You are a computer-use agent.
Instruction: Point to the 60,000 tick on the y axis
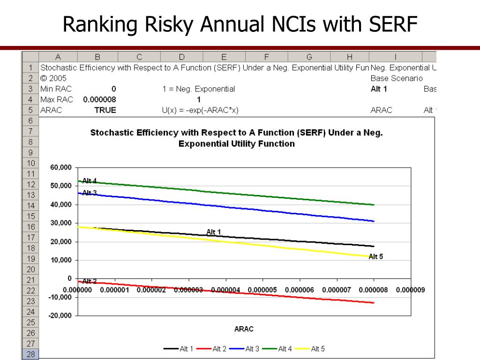coord(61,168)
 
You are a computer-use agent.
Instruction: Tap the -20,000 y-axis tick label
coord(60,315)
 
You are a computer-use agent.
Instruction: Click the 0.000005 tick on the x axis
coord(262,290)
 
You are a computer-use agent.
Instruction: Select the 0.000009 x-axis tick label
coord(410,290)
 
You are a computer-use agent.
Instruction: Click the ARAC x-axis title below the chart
coord(244,329)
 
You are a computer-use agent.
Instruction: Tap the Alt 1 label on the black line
coord(213,232)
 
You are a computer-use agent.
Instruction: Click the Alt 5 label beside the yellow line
coord(376,256)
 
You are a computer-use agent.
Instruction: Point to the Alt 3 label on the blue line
coord(90,193)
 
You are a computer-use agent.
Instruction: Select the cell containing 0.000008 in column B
coord(99,99)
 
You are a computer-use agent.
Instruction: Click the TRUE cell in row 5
coord(105,110)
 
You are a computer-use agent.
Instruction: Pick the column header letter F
coord(266,57)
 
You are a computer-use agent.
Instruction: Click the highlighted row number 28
coord(30,354)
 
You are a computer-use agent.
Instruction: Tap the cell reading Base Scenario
coord(396,78)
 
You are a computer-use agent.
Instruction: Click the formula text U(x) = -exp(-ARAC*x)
coord(199,110)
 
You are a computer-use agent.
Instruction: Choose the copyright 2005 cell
coord(53,78)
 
